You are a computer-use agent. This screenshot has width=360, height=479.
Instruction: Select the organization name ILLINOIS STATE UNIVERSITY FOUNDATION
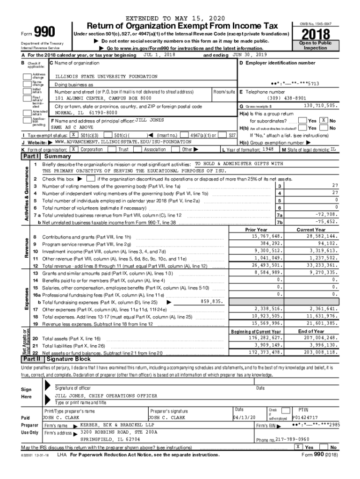[x=106, y=76]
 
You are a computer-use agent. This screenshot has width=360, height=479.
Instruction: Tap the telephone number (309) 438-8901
[x=287, y=98]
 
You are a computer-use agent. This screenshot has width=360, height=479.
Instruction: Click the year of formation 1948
[x=268, y=149]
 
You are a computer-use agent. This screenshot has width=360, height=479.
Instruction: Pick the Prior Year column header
[x=256, y=230]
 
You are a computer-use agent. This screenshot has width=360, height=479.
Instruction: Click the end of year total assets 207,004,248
[x=317, y=337]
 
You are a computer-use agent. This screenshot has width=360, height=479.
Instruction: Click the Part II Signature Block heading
[x=68, y=359]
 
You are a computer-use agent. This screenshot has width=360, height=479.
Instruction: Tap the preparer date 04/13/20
[x=245, y=417]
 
